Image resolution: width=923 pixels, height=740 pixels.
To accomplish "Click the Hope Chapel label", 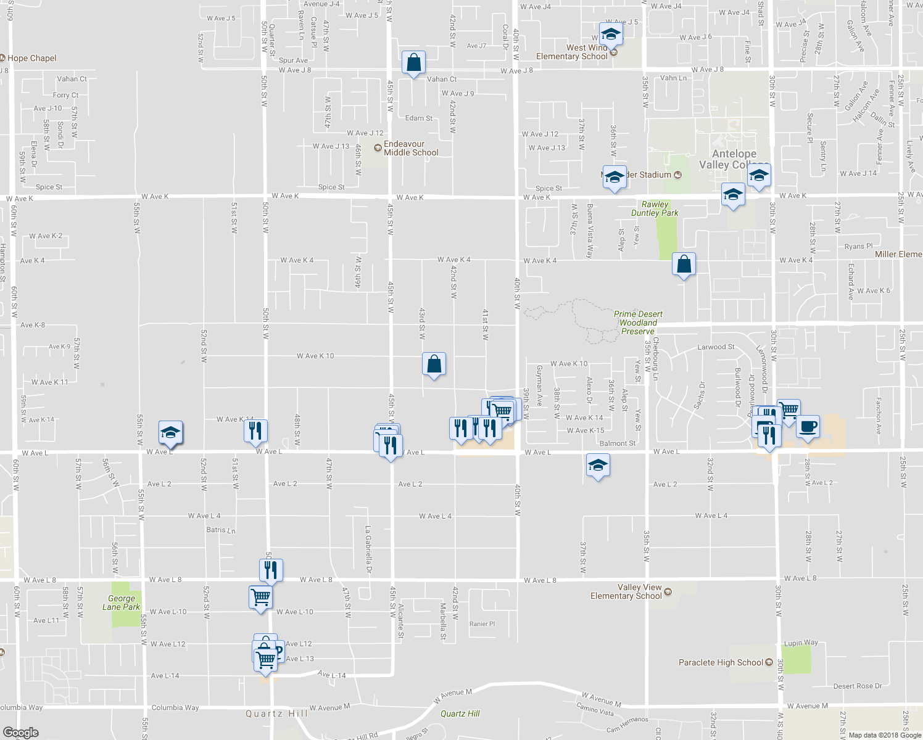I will tap(31, 58).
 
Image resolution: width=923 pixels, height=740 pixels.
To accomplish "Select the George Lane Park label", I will tap(121, 602).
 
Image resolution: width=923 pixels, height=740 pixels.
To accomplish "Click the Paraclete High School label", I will tap(721, 662).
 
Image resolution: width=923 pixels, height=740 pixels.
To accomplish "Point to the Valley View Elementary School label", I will tap(626, 591).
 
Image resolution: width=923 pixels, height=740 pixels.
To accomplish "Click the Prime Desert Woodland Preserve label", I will tap(638, 323).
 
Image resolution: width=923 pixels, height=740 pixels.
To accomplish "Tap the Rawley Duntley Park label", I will tap(655, 208).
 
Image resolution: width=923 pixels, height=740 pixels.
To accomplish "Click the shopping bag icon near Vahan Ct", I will tap(413, 62).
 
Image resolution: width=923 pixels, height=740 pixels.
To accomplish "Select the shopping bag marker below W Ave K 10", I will tap(434, 364).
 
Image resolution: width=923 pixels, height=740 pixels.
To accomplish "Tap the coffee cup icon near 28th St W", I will tap(808, 426).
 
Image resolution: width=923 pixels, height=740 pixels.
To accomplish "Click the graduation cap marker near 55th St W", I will tap(170, 432).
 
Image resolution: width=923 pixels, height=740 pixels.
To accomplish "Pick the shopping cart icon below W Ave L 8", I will tap(260, 597).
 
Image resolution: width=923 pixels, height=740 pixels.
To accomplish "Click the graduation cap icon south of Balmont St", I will tap(597, 465).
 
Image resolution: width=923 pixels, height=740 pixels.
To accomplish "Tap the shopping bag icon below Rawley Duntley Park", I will tap(684, 265).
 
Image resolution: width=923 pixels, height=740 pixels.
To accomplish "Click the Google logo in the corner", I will tap(20, 733).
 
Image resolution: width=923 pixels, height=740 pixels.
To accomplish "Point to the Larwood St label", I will tap(716, 347).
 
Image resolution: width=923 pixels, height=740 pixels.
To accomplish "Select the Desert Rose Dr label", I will tap(858, 686).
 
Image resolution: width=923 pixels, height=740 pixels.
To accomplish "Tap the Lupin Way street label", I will tap(801, 643).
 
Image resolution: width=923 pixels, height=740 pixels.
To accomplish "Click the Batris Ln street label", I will tap(221, 530).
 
